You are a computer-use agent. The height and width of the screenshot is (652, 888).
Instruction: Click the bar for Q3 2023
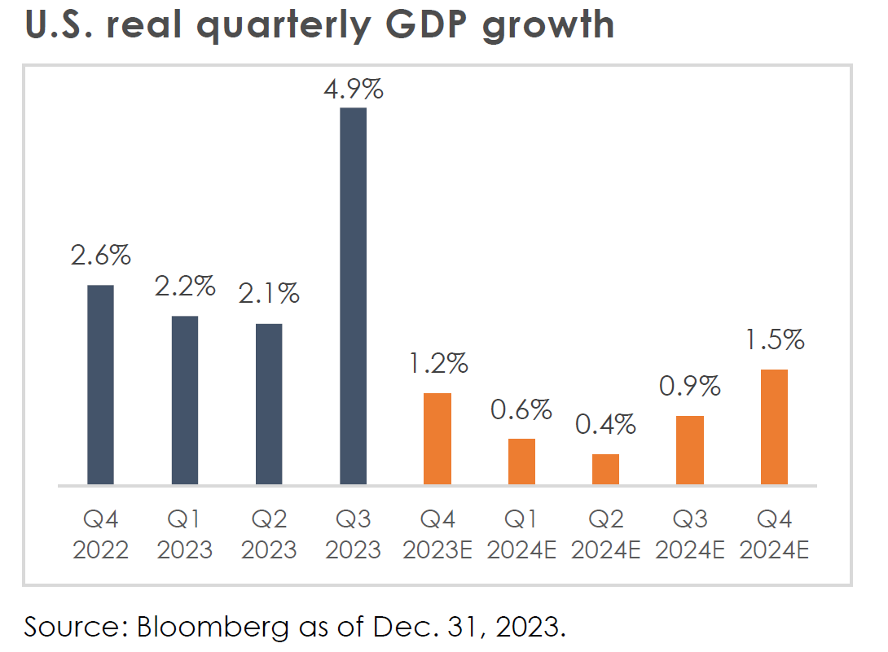pyautogui.click(x=353, y=296)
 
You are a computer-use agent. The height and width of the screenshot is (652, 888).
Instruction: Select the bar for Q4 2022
pyautogui.click(x=100, y=385)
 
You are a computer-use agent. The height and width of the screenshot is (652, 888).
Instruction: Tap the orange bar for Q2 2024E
pyautogui.click(x=605, y=469)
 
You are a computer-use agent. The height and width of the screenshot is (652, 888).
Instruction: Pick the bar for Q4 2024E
pyautogui.click(x=774, y=427)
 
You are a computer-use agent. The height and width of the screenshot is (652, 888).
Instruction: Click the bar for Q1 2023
pyautogui.click(x=184, y=400)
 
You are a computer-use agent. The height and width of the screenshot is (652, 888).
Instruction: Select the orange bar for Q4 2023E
pyautogui.click(x=437, y=439)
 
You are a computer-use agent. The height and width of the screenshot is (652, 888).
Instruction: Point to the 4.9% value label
pyautogui.click(x=353, y=89)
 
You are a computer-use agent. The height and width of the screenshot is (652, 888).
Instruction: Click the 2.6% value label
pyautogui.click(x=100, y=256)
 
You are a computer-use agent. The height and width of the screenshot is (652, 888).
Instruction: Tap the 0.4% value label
pyautogui.click(x=605, y=424)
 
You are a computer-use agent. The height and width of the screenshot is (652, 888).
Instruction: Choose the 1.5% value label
pyautogui.click(x=774, y=339)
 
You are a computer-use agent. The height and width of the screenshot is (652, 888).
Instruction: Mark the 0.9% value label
pyautogui.click(x=690, y=386)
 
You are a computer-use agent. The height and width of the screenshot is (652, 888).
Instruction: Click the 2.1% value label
pyautogui.click(x=269, y=293)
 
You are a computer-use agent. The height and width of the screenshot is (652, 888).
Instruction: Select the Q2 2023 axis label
pyautogui.click(x=269, y=534)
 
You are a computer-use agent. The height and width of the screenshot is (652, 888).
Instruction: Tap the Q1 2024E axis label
pyautogui.click(x=521, y=534)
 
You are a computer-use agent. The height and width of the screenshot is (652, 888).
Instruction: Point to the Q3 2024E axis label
pyautogui.click(x=690, y=534)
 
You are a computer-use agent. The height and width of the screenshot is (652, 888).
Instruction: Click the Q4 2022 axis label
pyautogui.click(x=100, y=534)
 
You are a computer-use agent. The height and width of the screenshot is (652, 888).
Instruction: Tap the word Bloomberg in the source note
pyautogui.click(x=207, y=627)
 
